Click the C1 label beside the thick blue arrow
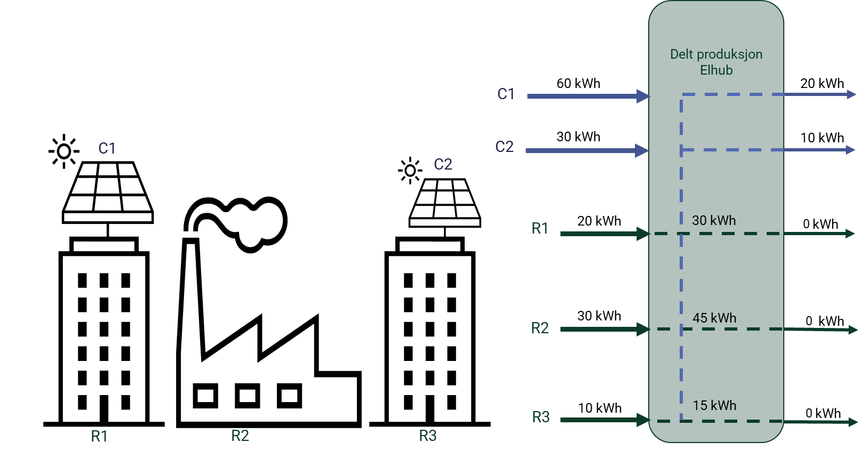pyautogui.click(x=506, y=94)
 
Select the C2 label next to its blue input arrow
pyautogui.click(x=504, y=147)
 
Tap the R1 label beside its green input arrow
pyautogui.click(x=540, y=228)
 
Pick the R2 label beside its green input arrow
pyautogui.click(x=540, y=328)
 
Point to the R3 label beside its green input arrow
pyautogui.click(x=541, y=417)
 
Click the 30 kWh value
pyautogui.click(x=714, y=220)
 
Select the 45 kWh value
pyautogui.click(x=714, y=318)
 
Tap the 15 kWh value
pyautogui.click(x=714, y=405)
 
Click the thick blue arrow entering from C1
pyautogui.click(x=587, y=96)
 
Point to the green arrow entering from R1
pyautogui.click(x=603, y=234)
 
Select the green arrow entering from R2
pyautogui.click(x=603, y=329)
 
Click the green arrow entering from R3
pyautogui.click(x=603, y=420)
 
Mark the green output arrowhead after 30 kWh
pyautogui.click(x=850, y=234)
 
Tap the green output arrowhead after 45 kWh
pyautogui.click(x=853, y=330)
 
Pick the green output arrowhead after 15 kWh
pyautogui.click(x=853, y=422)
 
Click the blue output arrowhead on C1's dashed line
pyautogui.click(x=851, y=94)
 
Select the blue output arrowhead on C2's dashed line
pyautogui.click(x=850, y=150)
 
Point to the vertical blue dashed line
pyautogui.click(x=681, y=267)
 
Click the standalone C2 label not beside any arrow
pyautogui.click(x=443, y=164)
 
